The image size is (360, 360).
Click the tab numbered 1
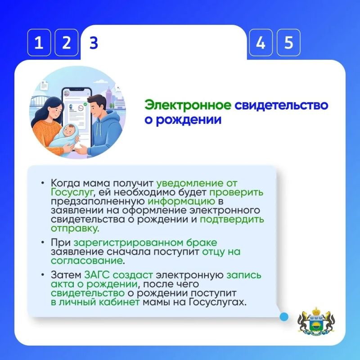click(x=39, y=42)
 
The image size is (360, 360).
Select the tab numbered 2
click(x=66, y=42)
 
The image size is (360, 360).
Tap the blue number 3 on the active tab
click(x=94, y=43)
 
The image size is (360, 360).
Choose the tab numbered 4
click(x=261, y=42)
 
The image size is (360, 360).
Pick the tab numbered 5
click(x=288, y=42)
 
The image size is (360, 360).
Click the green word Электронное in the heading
click(x=188, y=105)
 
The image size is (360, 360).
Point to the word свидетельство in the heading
click(x=282, y=105)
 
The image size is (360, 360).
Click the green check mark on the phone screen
click(x=85, y=104)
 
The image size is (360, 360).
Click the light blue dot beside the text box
click(x=284, y=317)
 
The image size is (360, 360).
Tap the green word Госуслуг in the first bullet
click(x=72, y=193)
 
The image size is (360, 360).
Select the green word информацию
click(x=181, y=201)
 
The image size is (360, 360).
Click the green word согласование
click(x=87, y=261)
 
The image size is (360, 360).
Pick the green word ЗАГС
click(x=97, y=275)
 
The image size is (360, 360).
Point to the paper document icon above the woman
click(x=44, y=85)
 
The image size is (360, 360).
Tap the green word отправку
click(x=75, y=229)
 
